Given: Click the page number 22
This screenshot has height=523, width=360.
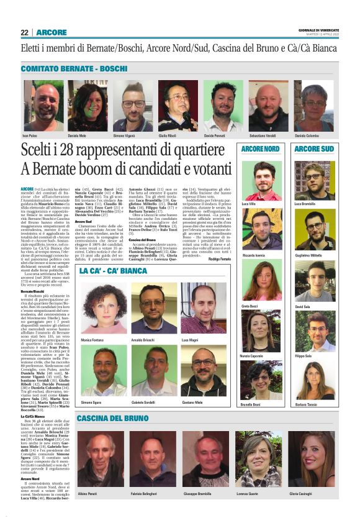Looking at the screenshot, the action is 24,33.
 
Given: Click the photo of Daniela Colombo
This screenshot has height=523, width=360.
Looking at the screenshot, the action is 315,105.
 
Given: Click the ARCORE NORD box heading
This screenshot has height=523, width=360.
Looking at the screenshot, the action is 260,149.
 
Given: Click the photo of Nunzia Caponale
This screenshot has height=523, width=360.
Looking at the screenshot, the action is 261,331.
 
